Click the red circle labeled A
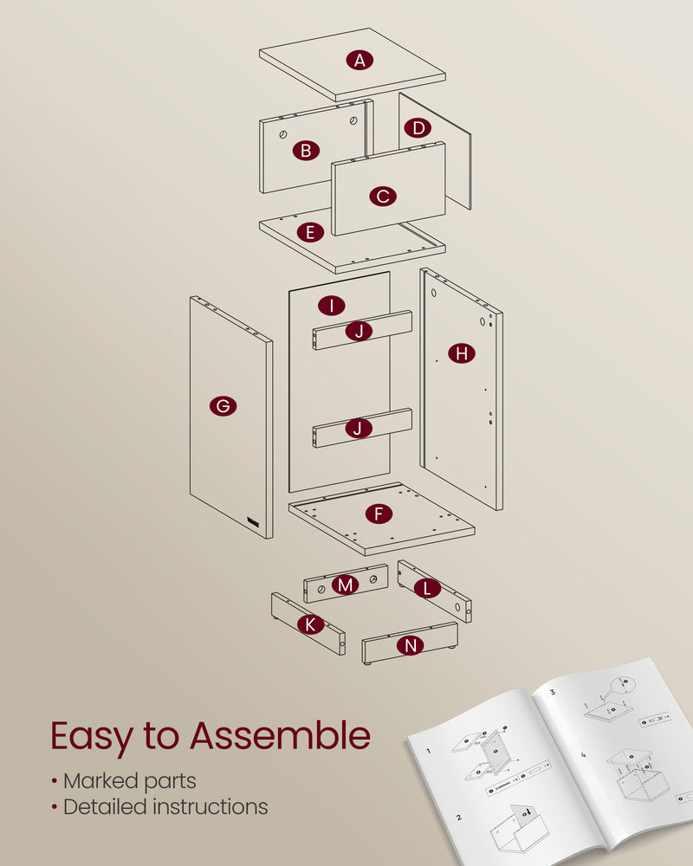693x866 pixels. (359, 60)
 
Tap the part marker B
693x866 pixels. (305, 151)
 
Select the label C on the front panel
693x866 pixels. (383, 197)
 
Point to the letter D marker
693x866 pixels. (418, 128)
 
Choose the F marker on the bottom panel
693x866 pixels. (378, 514)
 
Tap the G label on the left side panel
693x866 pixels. (223, 405)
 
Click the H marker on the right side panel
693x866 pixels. (462, 352)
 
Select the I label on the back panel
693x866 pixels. (331, 306)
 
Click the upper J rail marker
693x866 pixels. (359, 331)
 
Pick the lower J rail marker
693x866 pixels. (359, 428)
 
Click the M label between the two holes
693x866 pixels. (346, 585)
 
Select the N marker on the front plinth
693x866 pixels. (411, 645)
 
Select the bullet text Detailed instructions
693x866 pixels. (164, 807)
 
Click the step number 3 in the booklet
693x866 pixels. (553, 693)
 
